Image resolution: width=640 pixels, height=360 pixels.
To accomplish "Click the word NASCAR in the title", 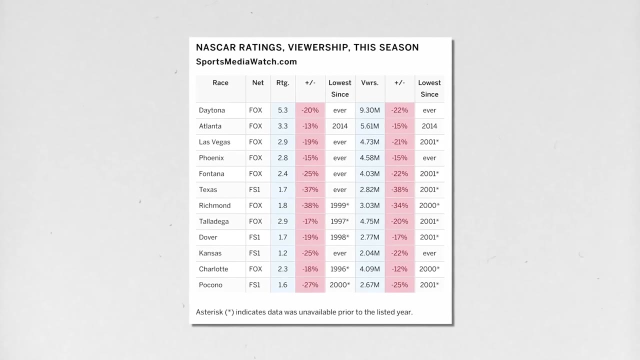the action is coord(215,47).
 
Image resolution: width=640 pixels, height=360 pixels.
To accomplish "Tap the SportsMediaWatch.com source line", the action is coord(246,61).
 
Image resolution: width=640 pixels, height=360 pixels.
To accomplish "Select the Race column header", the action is coord(220,83).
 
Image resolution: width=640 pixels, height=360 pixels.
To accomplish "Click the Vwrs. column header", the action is coord(369,83).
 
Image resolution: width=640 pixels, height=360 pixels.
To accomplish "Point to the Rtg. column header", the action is coord(282,83).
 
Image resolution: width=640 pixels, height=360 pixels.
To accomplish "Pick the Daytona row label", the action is coord(211,110).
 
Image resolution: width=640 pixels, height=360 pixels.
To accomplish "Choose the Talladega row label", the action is coord(213,221).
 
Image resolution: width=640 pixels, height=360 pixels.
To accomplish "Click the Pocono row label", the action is coord(210,285).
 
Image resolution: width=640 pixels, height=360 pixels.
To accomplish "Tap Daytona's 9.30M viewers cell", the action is coord(369,110).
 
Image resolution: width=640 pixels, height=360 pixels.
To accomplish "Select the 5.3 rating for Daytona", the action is coord(282,110).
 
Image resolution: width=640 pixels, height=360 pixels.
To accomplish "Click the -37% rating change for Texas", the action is coord(310,189).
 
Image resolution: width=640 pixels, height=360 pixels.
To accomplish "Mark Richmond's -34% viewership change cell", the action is coord(399,205).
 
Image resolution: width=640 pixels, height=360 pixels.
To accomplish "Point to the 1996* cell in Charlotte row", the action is coord(339,269).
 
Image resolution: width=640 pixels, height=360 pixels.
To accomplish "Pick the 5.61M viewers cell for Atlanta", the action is coord(369,126).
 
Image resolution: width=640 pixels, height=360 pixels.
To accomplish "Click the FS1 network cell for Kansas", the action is coord(254,253).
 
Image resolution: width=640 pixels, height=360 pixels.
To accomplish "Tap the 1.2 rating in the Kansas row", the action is coord(282,253).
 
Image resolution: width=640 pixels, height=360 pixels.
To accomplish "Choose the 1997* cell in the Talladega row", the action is coord(339,221).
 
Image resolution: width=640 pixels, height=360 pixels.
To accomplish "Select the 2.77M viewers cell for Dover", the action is coord(369,237).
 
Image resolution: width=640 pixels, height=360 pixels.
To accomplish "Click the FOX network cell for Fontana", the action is coord(255,174).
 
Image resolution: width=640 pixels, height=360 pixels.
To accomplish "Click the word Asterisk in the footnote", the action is coord(209,312).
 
